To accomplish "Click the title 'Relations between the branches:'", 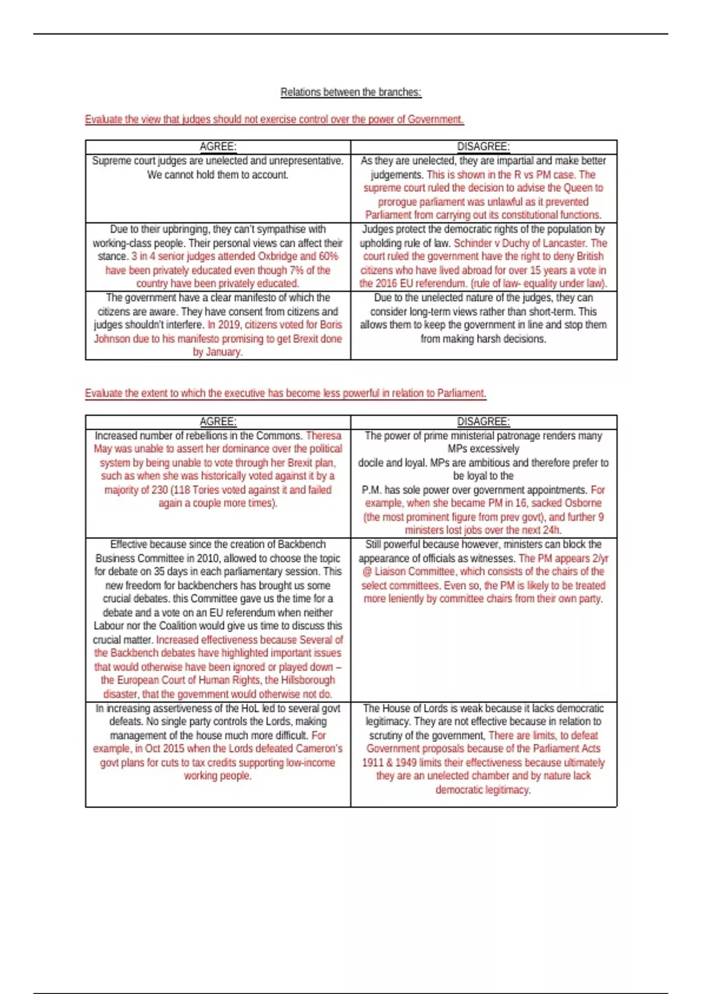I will pos(350,92).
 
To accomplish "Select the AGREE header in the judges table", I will pos(218,147).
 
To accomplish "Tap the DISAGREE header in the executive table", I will pos(483,422).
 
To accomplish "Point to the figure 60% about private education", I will pos(328,257).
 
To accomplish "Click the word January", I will pos(222,352).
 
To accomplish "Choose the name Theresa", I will pos(324,436).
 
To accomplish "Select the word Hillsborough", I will pos(308,681).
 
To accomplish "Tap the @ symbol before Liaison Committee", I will pos(366,572).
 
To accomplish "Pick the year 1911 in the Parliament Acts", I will pos(373,763).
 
